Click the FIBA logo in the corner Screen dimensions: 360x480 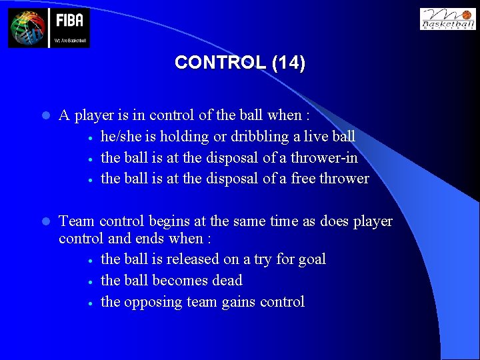49,28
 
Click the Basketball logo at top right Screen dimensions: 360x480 447,19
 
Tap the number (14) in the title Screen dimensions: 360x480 288,63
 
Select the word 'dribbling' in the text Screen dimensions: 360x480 253,137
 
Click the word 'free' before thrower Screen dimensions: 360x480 303,179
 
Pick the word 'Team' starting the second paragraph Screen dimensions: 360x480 77,221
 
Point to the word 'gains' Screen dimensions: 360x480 237,302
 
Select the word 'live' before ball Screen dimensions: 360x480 318,136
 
